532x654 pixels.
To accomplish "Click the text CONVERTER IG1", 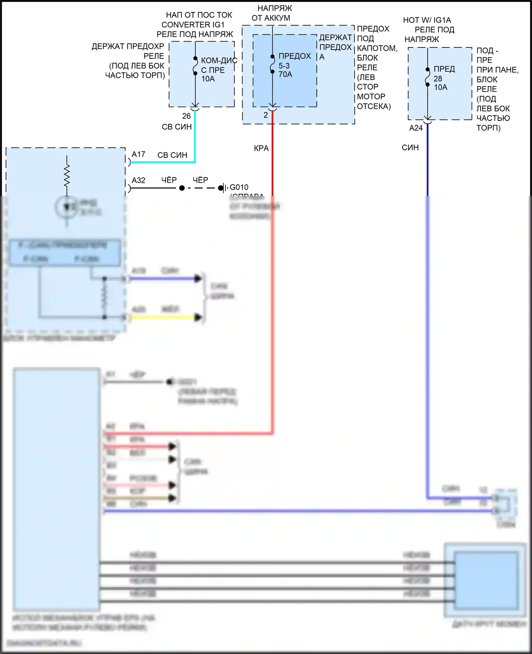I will (x=193, y=25).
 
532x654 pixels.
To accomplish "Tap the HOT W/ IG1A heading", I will (x=427, y=20).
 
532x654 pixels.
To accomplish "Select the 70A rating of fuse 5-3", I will (x=286, y=74).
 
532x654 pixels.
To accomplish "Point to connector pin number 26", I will (x=187, y=116).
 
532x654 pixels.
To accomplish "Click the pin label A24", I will (x=416, y=128).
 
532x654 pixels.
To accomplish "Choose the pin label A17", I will (x=138, y=154).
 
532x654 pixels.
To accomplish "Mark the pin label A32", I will (x=138, y=180).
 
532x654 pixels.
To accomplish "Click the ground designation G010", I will (x=239, y=187).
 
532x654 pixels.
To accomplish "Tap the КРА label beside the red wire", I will (x=261, y=148).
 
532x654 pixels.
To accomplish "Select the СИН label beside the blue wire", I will (x=410, y=148).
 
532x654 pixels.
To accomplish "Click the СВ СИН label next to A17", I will (x=172, y=155).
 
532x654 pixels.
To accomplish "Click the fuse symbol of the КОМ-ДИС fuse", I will (x=195, y=66).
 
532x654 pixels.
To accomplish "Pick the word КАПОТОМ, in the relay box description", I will (x=377, y=48).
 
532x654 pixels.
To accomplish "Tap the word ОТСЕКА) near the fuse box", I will (x=374, y=106).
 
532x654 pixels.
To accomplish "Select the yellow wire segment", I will (x=163, y=317).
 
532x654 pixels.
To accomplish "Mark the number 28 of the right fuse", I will (x=438, y=79).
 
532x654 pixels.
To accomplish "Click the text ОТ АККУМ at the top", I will (x=271, y=18).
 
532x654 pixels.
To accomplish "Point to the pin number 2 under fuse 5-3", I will (x=266, y=115).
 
